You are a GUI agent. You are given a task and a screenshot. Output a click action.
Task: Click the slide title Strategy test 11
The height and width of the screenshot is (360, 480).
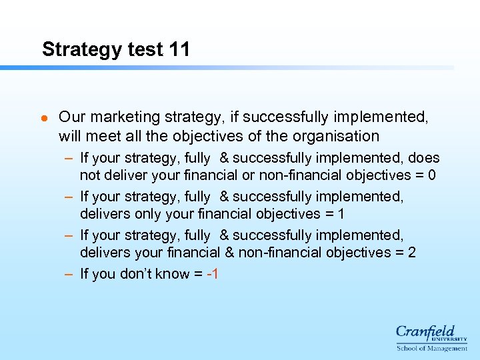click(115, 49)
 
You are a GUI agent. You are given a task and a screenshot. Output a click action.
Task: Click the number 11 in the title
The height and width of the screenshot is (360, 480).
click(178, 49)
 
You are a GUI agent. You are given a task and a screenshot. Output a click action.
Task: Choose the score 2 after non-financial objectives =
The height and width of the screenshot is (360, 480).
click(411, 253)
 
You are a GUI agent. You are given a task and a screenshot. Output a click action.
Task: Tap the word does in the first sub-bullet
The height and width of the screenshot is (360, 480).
click(423, 158)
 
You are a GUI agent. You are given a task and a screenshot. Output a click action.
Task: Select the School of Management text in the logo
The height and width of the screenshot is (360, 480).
click(431, 348)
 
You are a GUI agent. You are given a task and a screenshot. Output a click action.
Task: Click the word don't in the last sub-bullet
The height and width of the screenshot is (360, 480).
click(138, 274)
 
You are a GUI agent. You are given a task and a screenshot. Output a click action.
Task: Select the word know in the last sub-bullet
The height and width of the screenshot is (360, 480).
click(173, 274)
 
